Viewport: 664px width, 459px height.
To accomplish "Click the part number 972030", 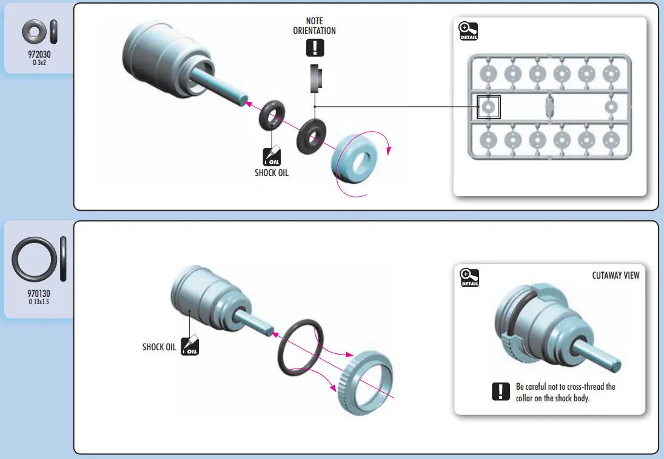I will pyautogui.click(x=38, y=53).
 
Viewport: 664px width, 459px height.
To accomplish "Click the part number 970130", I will pyautogui.click(x=39, y=294).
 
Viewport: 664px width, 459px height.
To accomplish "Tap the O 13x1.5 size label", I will pyautogui.click(x=39, y=302).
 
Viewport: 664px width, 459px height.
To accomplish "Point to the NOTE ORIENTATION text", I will pyautogui.click(x=315, y=26).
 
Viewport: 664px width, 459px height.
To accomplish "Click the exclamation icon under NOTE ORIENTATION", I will pyautogui.click(x=315, y=47).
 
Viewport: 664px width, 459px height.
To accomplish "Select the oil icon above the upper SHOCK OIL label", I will pyautogui.click(x=271, y=157).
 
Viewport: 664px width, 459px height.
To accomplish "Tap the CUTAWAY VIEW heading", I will pyautogui.click(x=615, y=275).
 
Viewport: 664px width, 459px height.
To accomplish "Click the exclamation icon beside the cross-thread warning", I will pyautogui.click(x=500, y=392).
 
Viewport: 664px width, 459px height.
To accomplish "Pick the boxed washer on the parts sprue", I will pyautogui.click(x=488, y=107).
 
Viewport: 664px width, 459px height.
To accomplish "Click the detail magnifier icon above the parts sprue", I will pyautogui.click(x=469, y=31).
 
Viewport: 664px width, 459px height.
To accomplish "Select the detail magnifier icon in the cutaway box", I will pyautogui.click(x=469, y=277).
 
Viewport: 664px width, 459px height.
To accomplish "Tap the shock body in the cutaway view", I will pyautogui.click(x=534, y=322).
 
